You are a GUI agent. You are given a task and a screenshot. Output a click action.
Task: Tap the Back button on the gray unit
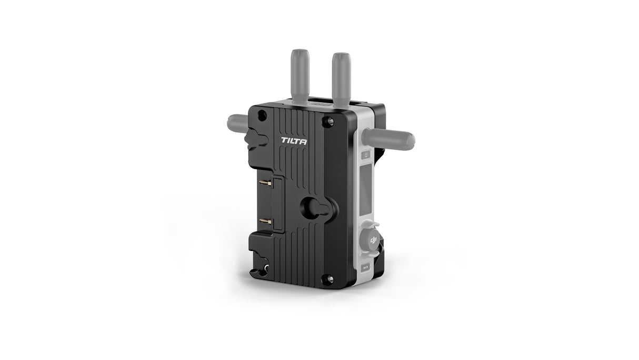(366, 267)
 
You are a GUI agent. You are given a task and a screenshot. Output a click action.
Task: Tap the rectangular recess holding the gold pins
(274, 203)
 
